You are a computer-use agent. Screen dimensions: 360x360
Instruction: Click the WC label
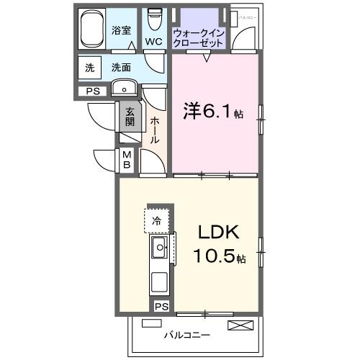coord(153,42)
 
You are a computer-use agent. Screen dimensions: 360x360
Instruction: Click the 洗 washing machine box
coord(89,68)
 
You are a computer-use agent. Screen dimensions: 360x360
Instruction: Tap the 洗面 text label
coord(121,68)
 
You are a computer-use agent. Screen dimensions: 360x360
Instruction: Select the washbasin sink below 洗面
coord(125,89)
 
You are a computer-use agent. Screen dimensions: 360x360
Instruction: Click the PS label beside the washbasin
coord(92,91)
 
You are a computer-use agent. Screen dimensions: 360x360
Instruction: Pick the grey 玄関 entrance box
coord(130,117)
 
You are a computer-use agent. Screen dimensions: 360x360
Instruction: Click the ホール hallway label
coord(155,130)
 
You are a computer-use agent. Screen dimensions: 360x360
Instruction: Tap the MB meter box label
coord(126,161)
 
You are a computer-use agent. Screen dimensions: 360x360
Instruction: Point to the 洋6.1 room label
coord(209,112)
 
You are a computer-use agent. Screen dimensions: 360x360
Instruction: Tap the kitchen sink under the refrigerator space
coord(159,249)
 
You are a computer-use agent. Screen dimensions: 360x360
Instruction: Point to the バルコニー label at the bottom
coord(186,336)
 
